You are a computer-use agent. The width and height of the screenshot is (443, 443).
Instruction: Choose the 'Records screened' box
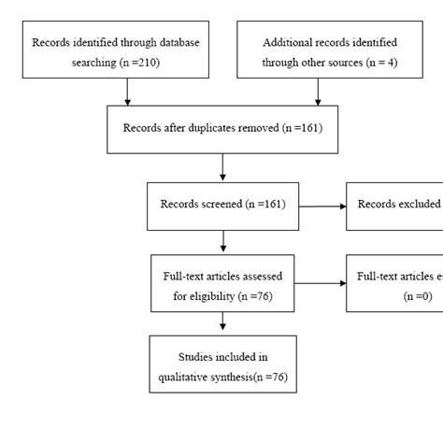point(222,205)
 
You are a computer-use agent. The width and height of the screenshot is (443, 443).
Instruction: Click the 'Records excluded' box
point(393,205)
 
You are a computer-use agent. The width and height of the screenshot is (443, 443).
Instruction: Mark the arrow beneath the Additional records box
point(319,90)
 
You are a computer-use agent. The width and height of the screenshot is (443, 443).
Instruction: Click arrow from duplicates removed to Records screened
point(222,166)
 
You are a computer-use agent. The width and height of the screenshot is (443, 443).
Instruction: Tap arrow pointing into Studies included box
point(222,321)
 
